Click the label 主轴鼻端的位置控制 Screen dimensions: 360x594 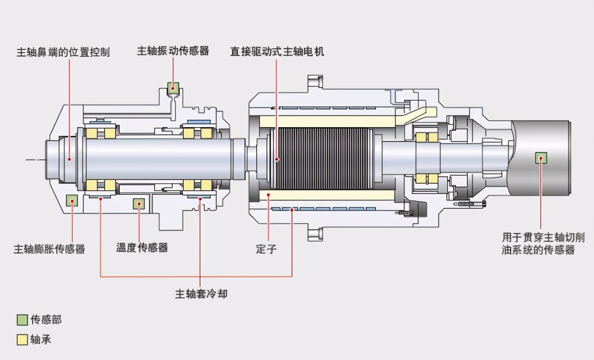tap(63, 52)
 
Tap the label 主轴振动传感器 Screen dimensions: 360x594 tap(173, 51)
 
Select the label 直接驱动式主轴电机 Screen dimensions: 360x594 tap(277, 51)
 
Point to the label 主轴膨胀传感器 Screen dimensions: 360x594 tap(49, 249)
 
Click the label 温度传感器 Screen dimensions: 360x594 tap(142, 247)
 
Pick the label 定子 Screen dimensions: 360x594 tap(266, 249)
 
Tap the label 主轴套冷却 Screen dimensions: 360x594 tap(201, 294)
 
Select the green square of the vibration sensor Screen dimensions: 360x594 tap(173, 87)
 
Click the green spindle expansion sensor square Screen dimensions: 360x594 tap(72, 201)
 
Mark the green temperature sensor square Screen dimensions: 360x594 tap(139, 204)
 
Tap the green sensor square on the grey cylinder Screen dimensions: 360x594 tap(541, 158)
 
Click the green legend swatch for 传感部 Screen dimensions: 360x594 tap(22, 320)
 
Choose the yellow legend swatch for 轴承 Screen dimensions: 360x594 tap(22, 340)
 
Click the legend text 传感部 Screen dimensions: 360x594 tap(46, 320)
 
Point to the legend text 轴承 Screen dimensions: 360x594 tap(41, 340)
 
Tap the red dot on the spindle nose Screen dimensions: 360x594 tap(69, 159)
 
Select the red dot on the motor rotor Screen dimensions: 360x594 tap(277, 159)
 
